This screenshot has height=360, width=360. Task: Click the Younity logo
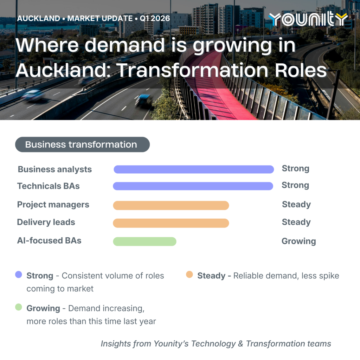pyautogui.click(x=308, y=19)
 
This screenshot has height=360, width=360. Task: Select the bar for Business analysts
pyautogui.click(x=194, y=169)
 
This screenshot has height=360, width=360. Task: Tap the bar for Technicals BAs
pyautogui.click(x=193, y=186)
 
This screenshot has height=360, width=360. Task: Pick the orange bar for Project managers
pyautogui.click(x=171, y=205)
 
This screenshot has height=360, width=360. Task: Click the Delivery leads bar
pyautogui.click(x=171, y=223)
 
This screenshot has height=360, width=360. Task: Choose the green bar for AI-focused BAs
pyautogui.click(x=144, y=242)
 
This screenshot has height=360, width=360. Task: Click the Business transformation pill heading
pyautogui.click(x=82, y=144)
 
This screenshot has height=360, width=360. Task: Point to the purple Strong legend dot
pyautogui.click(x=19, y=274)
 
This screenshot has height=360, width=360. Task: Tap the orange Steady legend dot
pyautogui.click(x=189, y=274)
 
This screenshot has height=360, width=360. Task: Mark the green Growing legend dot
pyautogui.click(x=19, y=307)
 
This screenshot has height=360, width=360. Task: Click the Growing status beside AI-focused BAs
pyautogui.click(x=299, y=241)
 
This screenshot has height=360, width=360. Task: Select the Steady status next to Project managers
pyautogui.click(x=296, y=204)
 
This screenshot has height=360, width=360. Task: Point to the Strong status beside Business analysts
pyautogui.click(x=295, y=168)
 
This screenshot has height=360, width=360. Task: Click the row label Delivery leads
pyautogui.click(x=46, y=222)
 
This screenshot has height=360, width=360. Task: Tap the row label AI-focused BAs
pyautogui.click(x=49, y=240)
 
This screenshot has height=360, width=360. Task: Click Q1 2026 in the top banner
pyautogui.click(x=155, y=18)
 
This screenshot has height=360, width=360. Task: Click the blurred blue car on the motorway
pyautogui.click(x=144, y=99)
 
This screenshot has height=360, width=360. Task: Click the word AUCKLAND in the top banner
pyautogui.click(x=39, y=18)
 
